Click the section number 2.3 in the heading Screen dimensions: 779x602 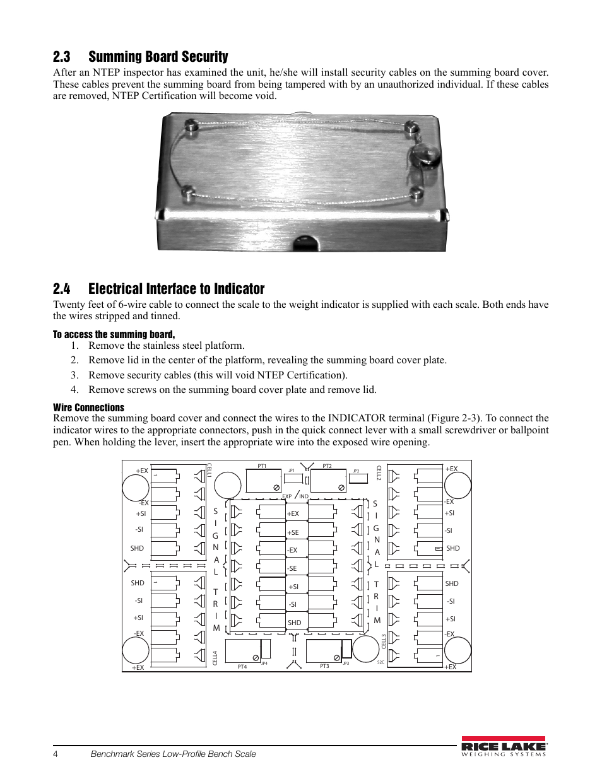61,57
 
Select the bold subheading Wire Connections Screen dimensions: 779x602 88,407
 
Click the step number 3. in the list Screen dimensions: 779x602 74,375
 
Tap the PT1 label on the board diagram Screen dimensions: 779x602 262,466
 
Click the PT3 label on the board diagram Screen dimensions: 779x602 324,666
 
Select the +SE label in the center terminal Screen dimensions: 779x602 293,532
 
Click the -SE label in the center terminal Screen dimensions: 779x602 292,568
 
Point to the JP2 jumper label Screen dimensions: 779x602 356,471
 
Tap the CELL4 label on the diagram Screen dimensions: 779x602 215,658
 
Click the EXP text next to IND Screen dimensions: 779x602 287,496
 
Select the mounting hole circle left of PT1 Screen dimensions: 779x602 228,485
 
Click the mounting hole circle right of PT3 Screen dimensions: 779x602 365,648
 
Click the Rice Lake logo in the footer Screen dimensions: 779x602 503,746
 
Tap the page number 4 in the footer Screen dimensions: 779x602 56,754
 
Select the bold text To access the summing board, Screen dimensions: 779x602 114,334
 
